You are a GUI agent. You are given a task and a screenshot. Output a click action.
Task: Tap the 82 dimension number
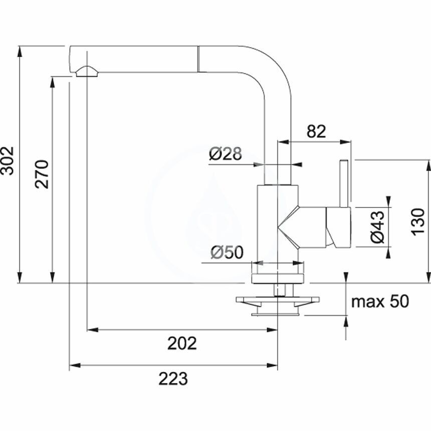point(316,131)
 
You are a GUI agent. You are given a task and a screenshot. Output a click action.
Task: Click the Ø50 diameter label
point(227,253)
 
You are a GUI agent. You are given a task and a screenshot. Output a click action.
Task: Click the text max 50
point(380,302)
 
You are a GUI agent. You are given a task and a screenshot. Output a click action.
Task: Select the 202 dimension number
point(182,343)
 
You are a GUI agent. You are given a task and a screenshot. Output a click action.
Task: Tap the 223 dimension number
point(173,379)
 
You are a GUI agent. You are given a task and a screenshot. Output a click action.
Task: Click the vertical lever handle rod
point(345,183)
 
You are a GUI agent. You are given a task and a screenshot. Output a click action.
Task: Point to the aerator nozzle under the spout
point(87,71)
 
